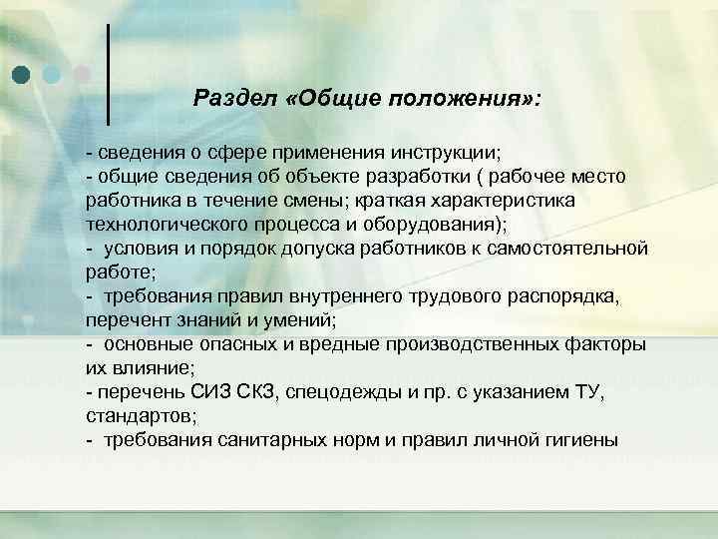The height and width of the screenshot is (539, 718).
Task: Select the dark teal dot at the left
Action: pos(22,74)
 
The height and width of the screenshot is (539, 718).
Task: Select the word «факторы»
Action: pos(598,344)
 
